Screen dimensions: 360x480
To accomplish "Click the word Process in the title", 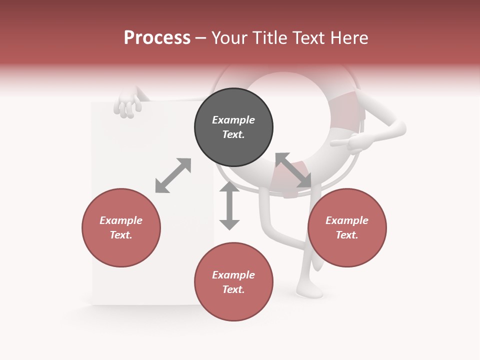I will click(x=157, y=37).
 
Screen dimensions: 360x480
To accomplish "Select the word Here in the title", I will click(x=349, y=37).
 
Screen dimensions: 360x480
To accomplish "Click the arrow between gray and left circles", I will click(x=173, y=175).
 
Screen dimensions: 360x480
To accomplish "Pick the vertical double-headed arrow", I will click(x=229, y=206).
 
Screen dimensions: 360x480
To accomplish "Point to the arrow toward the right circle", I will click(x=293, y=170).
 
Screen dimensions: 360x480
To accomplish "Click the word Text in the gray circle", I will click(x=233, y=134).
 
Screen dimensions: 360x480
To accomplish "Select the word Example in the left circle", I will click(x=121, y=220).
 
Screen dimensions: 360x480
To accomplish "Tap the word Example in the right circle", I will click(x=347, y=220).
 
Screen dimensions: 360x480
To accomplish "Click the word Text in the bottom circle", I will click(x=233, y=289).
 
